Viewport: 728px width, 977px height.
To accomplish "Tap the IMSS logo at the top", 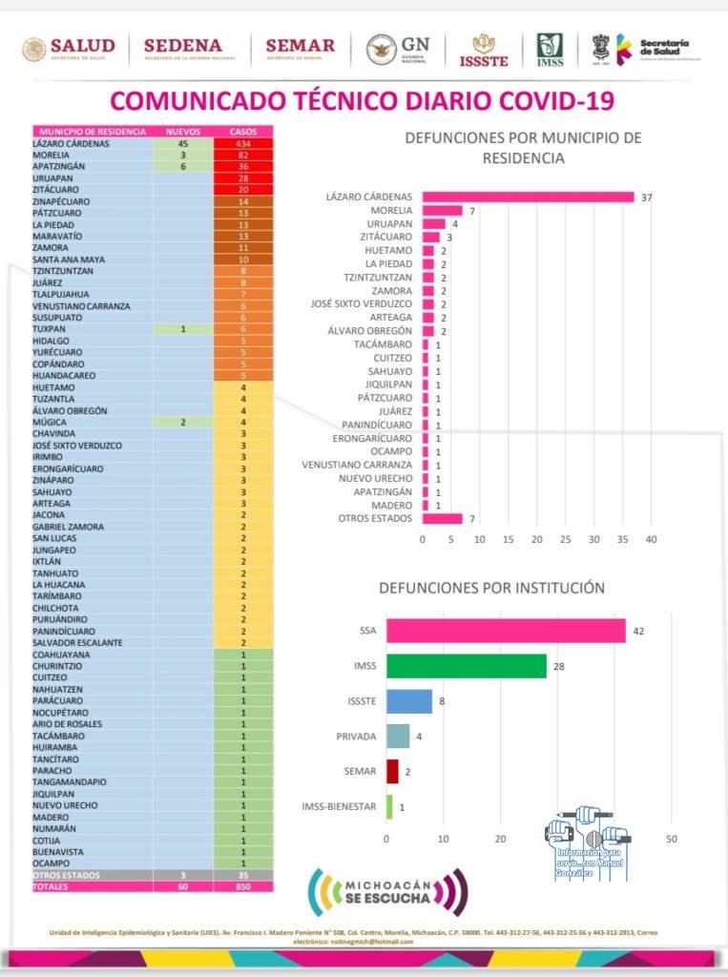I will click(x=550, y=50).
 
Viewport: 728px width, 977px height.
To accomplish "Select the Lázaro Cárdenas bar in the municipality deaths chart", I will click(x=528, y=197).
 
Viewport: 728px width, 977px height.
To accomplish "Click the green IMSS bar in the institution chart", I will click(x=466, y=666).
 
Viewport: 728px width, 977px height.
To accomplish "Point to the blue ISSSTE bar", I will click(x=408, y=701).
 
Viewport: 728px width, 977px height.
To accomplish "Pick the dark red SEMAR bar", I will click(x=392, y=771).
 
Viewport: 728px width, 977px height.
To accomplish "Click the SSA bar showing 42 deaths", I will click(x=506, y=631).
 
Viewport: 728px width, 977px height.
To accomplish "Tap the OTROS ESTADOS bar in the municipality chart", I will click(x=442, y=518).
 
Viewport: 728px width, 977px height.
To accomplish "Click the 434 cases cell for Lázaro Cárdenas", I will click(x=243, y=143).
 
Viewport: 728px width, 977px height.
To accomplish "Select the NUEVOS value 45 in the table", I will click(x=182, y=143).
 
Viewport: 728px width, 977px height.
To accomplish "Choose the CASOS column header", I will click(x=243, y=131).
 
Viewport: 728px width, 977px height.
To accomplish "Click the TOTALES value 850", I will click(x=243, y=886).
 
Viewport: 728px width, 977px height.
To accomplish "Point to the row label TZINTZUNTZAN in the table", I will click(x=64, y=271).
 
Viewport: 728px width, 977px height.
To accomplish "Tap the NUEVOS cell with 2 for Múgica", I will click(x=182, y=422).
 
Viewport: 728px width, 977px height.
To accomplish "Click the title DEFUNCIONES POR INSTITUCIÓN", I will click(x=491, y=589).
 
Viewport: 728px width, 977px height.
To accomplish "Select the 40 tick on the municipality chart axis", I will click(x=652, y=539).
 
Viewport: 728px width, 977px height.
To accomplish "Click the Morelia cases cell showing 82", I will click(x=243, y=155).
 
